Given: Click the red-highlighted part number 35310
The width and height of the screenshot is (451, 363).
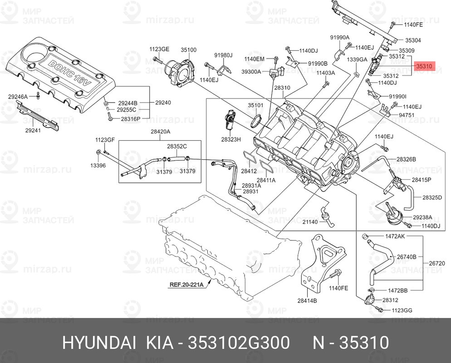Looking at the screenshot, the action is pos(424,66).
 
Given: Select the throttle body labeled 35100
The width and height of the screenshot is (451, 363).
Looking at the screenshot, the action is pos(181,72).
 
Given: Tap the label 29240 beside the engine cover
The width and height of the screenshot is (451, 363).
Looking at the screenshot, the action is pos(163,103).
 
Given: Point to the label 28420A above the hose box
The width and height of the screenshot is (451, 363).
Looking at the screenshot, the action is pos(160,132).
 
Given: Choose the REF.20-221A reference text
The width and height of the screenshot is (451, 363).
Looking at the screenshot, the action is pos(186,285).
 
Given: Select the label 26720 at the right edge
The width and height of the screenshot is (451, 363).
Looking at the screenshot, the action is pos(437,263).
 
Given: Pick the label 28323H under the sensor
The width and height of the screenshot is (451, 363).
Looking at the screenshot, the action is pos(230,139).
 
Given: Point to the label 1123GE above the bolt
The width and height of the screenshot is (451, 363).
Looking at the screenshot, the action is pos(159,49).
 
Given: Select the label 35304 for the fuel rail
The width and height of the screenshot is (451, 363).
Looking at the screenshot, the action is pos(413,40).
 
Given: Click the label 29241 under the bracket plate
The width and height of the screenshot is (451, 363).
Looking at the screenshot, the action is pos(33,130).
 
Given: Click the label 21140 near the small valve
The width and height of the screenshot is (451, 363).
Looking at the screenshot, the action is pos(310,222).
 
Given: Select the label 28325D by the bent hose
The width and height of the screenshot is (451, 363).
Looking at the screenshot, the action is pos(432,197).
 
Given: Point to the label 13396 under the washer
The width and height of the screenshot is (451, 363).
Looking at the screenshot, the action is pos(98,166).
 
